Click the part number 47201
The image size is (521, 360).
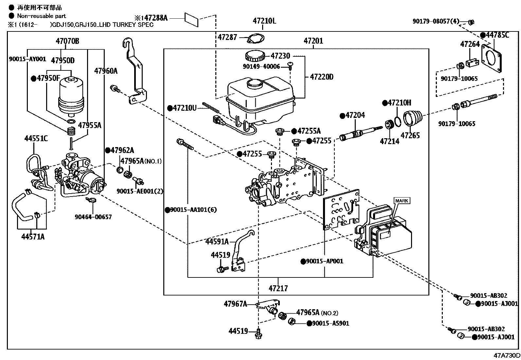coord(313,41)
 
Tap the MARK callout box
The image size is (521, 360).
coord(402,201)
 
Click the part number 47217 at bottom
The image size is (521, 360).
coord(278,288)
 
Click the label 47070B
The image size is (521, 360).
coord(67,41)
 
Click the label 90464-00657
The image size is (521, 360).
coord(93,217)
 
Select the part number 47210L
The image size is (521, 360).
coord(264,21)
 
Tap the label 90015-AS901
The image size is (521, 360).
coord(328,323)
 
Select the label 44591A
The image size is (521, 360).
coord(217,242)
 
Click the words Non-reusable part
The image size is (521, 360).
coord(42,16)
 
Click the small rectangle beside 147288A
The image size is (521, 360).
coord(192,19)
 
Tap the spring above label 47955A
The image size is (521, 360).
coord(71,131)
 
